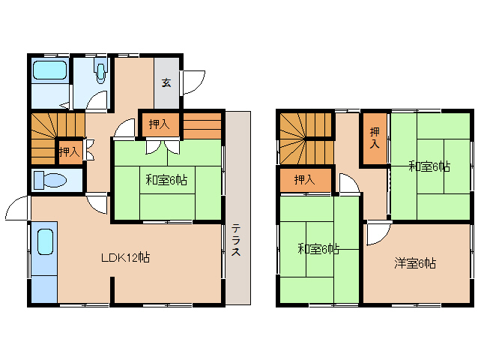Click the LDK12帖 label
pyautogui.click(x=126, y=257)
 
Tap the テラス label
pyautogui.click(x=235, y=240)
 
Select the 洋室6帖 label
pyautogui.click(x=416, y=263)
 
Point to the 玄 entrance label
pyautogui.click(x=166, y=82)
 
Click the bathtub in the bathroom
pyautogui.click(x=49, y=72)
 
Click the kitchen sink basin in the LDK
pyautogui.click(x=44, y=243)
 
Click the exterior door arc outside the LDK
pyautogui.click(x=16, y=208)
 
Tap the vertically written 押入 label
pyautogui.click(x=374, y=139)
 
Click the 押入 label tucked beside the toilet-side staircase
pyautogui.click(x=69, y=152)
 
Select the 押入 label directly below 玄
pyautogui.click(x=159, y=124)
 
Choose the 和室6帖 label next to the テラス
pyautogui.click(x=166, y=180)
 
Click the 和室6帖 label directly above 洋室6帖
pyautogui.click(x=429, y=166)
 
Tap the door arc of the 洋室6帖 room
pyautogui.click(x=377, y=234)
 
